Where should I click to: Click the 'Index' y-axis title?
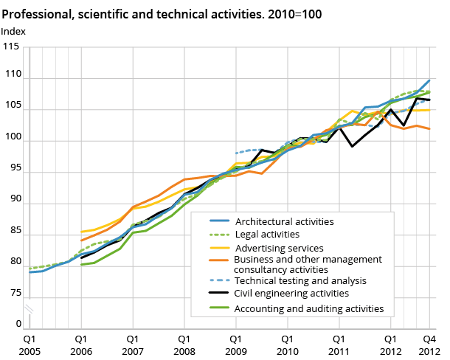pyautogui.click(x=13, y=31)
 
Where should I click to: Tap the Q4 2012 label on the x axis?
pyautogui.click(x=430, y=345)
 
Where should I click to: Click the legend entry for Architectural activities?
pyautogui.click(x=284, y=221)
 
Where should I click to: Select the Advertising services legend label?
pyautogui.click(x=279, y=248)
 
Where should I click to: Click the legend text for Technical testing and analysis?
pyautogui.click(x=301, y=280)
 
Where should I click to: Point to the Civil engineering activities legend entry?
pyautogui.click(x=291, y=294)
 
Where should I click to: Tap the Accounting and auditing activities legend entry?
pyautogui.click(x=309, y=308)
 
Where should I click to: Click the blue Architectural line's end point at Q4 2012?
pyautogui.click(x=430, y=80)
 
